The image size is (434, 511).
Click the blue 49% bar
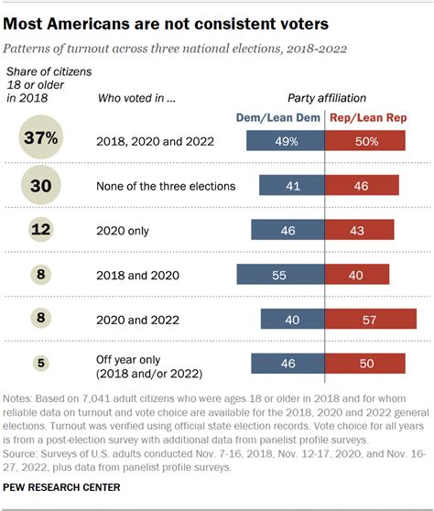tap(286, 140)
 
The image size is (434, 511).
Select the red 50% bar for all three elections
tap(363, 140)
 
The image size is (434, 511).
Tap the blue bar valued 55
tap(280, 273)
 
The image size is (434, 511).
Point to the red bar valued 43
tap(359, 229)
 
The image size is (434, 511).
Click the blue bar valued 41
tap(291, 185)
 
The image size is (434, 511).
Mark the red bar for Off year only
tap(363, 363)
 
